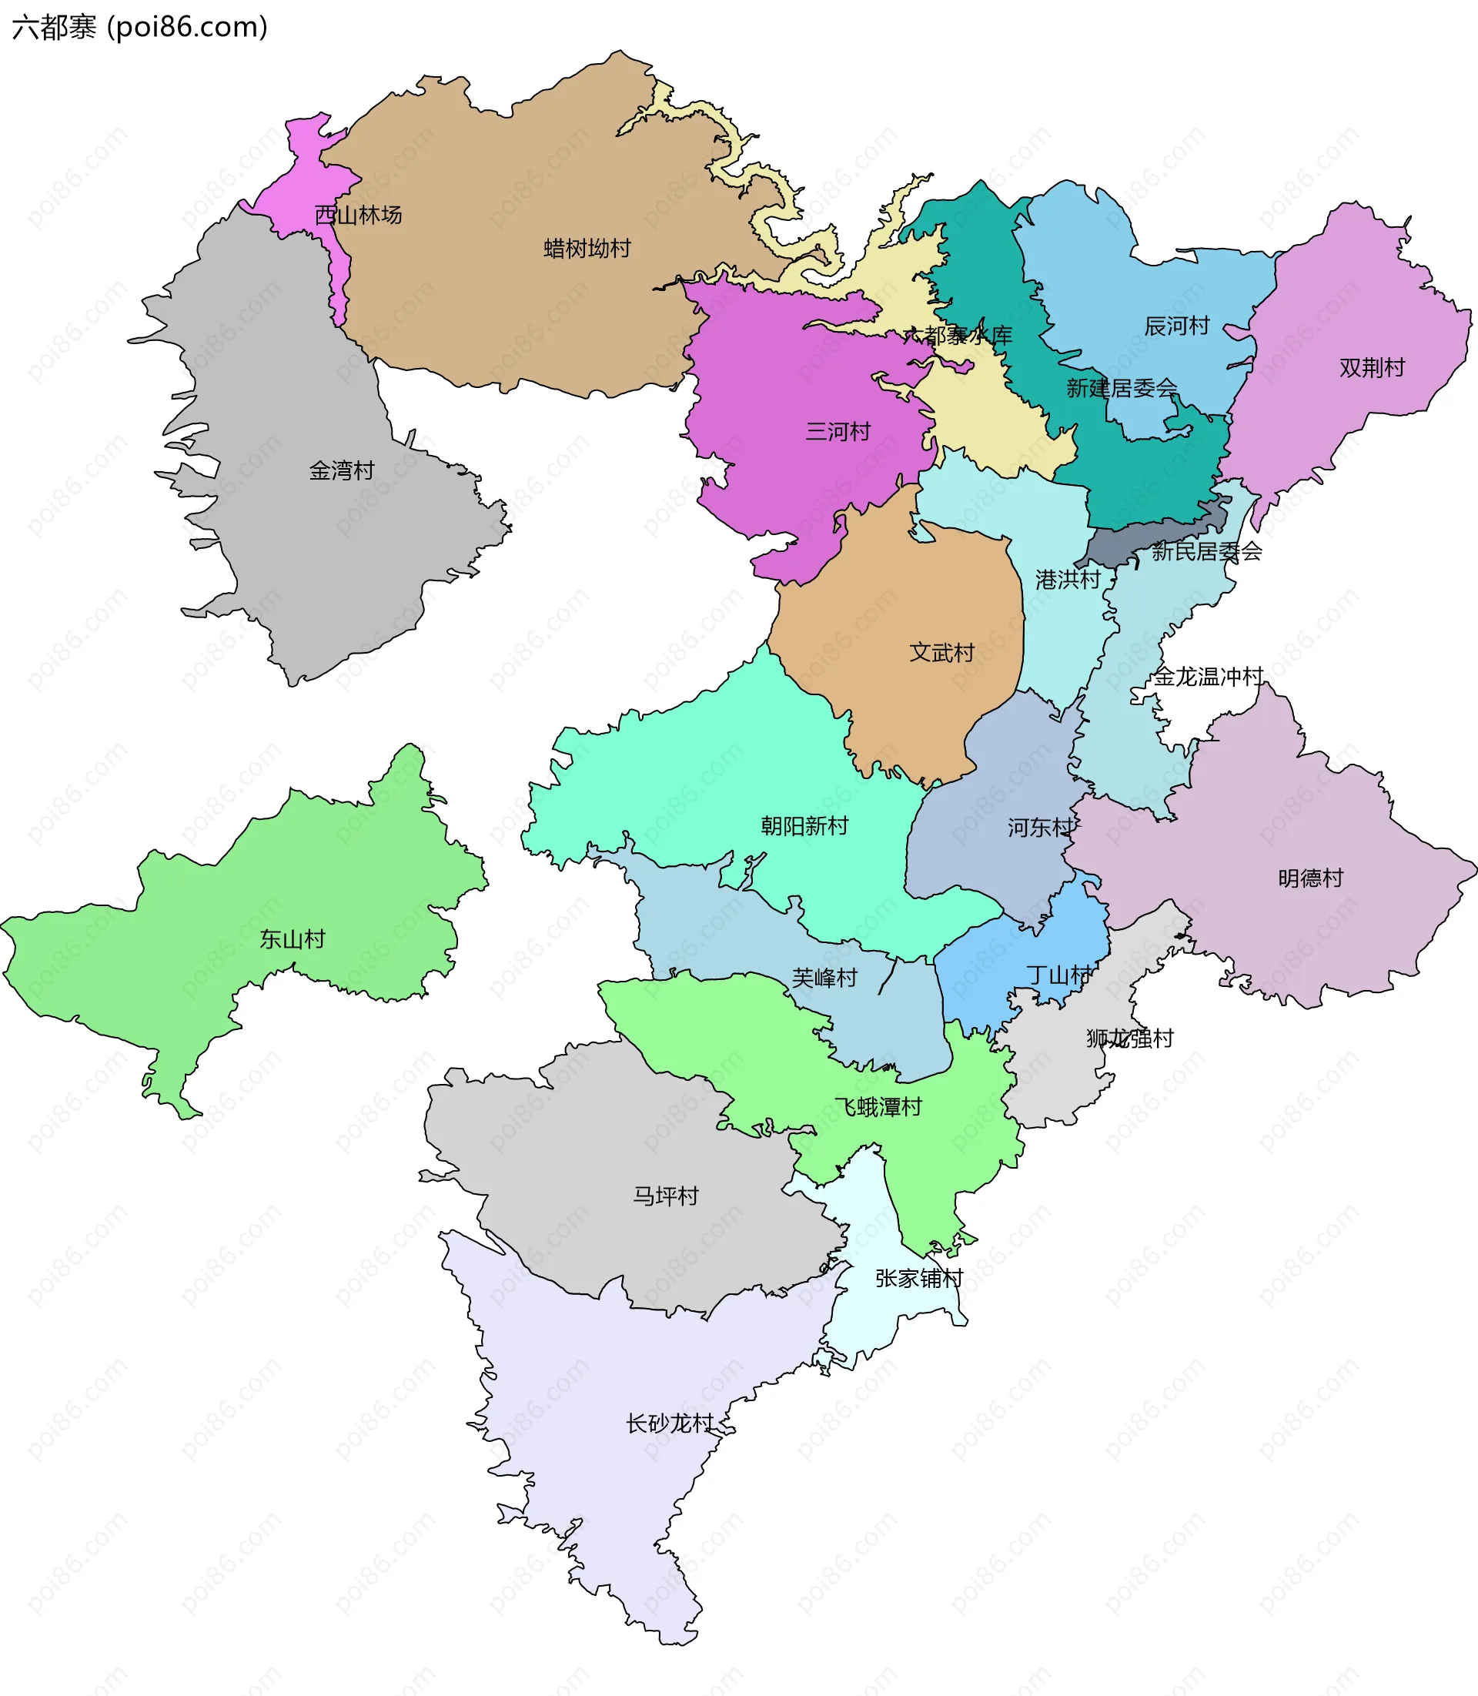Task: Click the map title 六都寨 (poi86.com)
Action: pyautogui.click(x=140, y=27)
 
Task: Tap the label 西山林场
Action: pyautogui.click(x=359, y=216)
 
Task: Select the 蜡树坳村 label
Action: pyautogui.click(x=587, y=249)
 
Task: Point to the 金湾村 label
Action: pyautogui.click(x=342, y=471)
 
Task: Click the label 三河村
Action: pyautogui.click(x=838, y=431)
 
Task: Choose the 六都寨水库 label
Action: pyautogui.click(x=957, y=336)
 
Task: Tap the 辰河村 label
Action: pyautogui.click(x=1176, y=326)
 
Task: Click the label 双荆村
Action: pyautogui.click(x=1372, y=368)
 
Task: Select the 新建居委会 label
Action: pyautogui.click(x=1122, y=388)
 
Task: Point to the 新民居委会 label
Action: pyautogui.click(x=1207, y=551)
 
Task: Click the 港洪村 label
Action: pyautogui.click(x=1068, y=580)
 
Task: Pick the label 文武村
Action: pyautogui.click(x=942, y=653)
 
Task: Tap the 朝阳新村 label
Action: pyautogui.click(x=804, y=826)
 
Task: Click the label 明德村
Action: pyautogui.click(x=1310, y=878)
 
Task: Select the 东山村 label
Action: pyautogui.click(x=292, y=938)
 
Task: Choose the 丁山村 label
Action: pyautogui.click(x=1059, y=976)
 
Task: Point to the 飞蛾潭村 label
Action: pyautogui.click(x=878, y=1107)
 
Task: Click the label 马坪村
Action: pyautogui.click(x=666, y=1196)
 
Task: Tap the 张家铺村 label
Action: pyautogui.click(x=919, y=1279)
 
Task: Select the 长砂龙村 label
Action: pyautogui.click(x=669, y=1423)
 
